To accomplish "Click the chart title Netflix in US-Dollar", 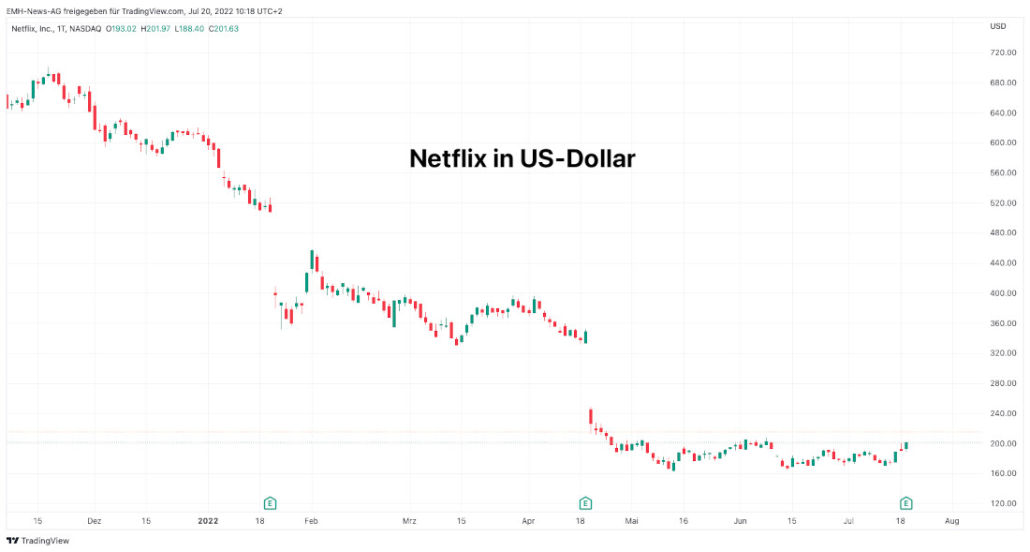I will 522,158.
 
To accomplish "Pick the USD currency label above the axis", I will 998,26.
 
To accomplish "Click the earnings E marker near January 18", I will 270,502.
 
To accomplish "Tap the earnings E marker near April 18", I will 585,502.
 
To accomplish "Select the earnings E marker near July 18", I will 905,502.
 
